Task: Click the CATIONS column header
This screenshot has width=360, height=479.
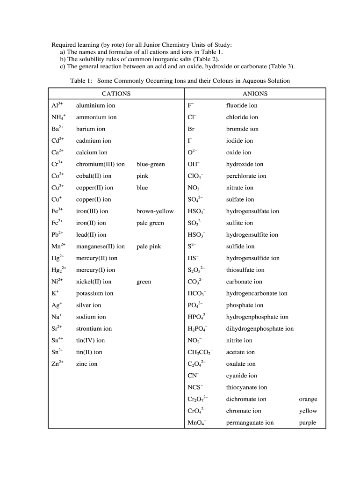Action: (116, 94)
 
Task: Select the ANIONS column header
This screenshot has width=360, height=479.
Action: (255, 94)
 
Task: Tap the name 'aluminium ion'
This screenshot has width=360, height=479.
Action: (95, 106)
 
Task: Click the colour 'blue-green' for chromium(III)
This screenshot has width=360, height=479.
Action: (151, 164)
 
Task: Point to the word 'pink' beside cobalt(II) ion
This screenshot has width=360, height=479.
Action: (142, 176)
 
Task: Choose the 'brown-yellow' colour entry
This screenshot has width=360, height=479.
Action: (155, 211)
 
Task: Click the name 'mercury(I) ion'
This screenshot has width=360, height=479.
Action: (95, 270)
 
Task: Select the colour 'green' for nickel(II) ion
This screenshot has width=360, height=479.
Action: (144, 282)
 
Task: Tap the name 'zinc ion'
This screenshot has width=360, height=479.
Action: (86, 363)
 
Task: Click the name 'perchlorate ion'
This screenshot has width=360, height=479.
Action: (246, 176)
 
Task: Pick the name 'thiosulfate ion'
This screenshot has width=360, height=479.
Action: (245, 270)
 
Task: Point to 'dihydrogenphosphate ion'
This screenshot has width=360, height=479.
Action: (259, 328)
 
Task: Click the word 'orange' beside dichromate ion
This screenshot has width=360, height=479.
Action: (308, 399)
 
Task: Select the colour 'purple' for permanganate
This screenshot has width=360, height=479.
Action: (308, 423)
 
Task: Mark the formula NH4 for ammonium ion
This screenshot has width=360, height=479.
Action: (58, 117)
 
